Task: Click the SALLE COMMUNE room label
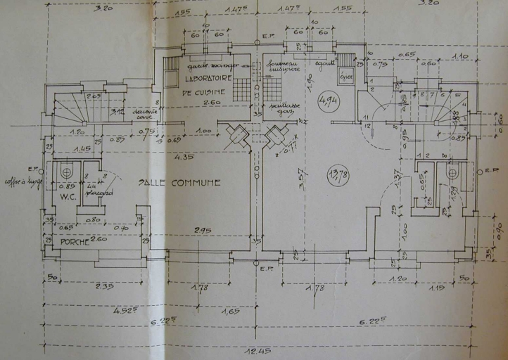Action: click(x=180, y=183)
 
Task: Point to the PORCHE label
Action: click(x=75, y=242)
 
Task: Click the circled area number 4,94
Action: click(x=328, y=101)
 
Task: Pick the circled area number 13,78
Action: click(x=339, y=175)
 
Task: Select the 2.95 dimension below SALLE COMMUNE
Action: click(x=203, y=230)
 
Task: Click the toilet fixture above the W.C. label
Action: click(x=65, y=171)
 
